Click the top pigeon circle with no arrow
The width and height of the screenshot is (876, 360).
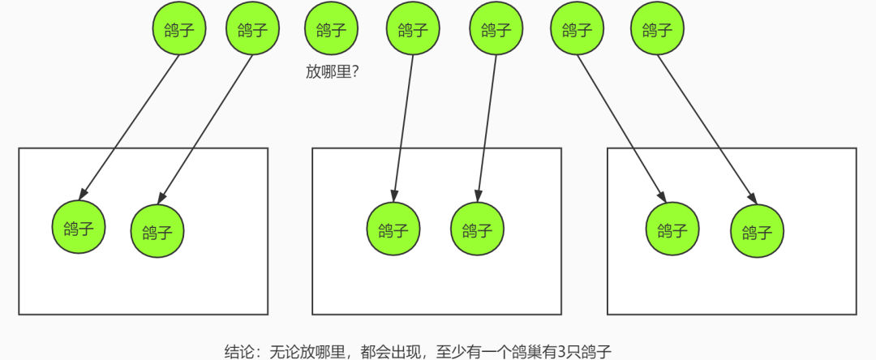point(331,30)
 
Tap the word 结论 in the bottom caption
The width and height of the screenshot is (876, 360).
point(238,351)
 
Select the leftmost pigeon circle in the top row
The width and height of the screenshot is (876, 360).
point(179,30)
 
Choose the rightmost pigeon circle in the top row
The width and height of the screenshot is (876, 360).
point(657,30)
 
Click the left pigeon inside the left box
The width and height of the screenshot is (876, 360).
point(79,227)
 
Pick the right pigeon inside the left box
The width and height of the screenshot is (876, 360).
point(157,232)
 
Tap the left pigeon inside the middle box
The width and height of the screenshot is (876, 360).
point(393,229)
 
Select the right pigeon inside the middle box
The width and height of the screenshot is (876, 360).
point(477,230)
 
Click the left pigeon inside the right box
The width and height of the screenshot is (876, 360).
point(672,229)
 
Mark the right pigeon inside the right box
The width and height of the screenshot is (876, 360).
point(757,232)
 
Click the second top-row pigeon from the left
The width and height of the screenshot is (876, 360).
point(252,30)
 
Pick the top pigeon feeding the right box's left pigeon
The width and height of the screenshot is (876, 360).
point(577,30)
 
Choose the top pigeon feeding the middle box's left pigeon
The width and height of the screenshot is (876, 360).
point(413,30)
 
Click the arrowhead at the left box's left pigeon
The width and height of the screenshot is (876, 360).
point(83,195)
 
